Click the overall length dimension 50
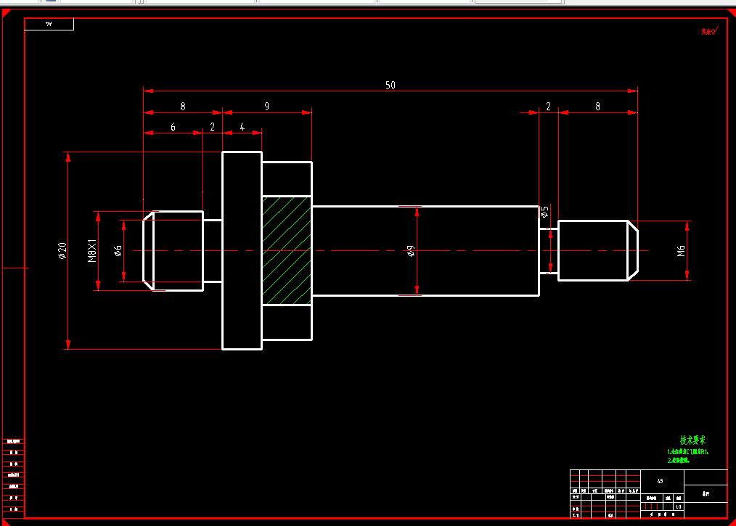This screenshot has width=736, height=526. click(391, 85)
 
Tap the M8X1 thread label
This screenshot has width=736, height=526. click(92, 250)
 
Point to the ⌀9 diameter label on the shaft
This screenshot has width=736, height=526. click(411, 251)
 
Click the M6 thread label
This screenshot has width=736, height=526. click(681, 251)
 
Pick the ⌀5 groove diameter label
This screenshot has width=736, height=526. click(545, 212)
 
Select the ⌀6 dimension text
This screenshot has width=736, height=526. click(118, 250)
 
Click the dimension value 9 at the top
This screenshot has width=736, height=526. click(266, 106)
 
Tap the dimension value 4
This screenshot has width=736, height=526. click(242, 127)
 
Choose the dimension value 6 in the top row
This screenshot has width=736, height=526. click(173, 127)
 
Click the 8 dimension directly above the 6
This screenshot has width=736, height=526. click(183, 106)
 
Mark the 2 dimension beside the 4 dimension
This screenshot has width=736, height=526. click(213, 127)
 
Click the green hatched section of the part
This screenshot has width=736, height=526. click(286, 250)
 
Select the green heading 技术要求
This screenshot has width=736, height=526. click(692, 440)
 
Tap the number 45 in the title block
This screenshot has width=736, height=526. click(660, 481)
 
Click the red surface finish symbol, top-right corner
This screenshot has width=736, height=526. click(709, 31)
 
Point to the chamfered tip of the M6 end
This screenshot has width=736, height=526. click(633, 250)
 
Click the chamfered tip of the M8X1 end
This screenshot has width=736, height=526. click(148, 250)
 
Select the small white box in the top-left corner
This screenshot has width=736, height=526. click(49, 24)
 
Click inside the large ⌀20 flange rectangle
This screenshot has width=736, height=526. click(242, 250)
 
